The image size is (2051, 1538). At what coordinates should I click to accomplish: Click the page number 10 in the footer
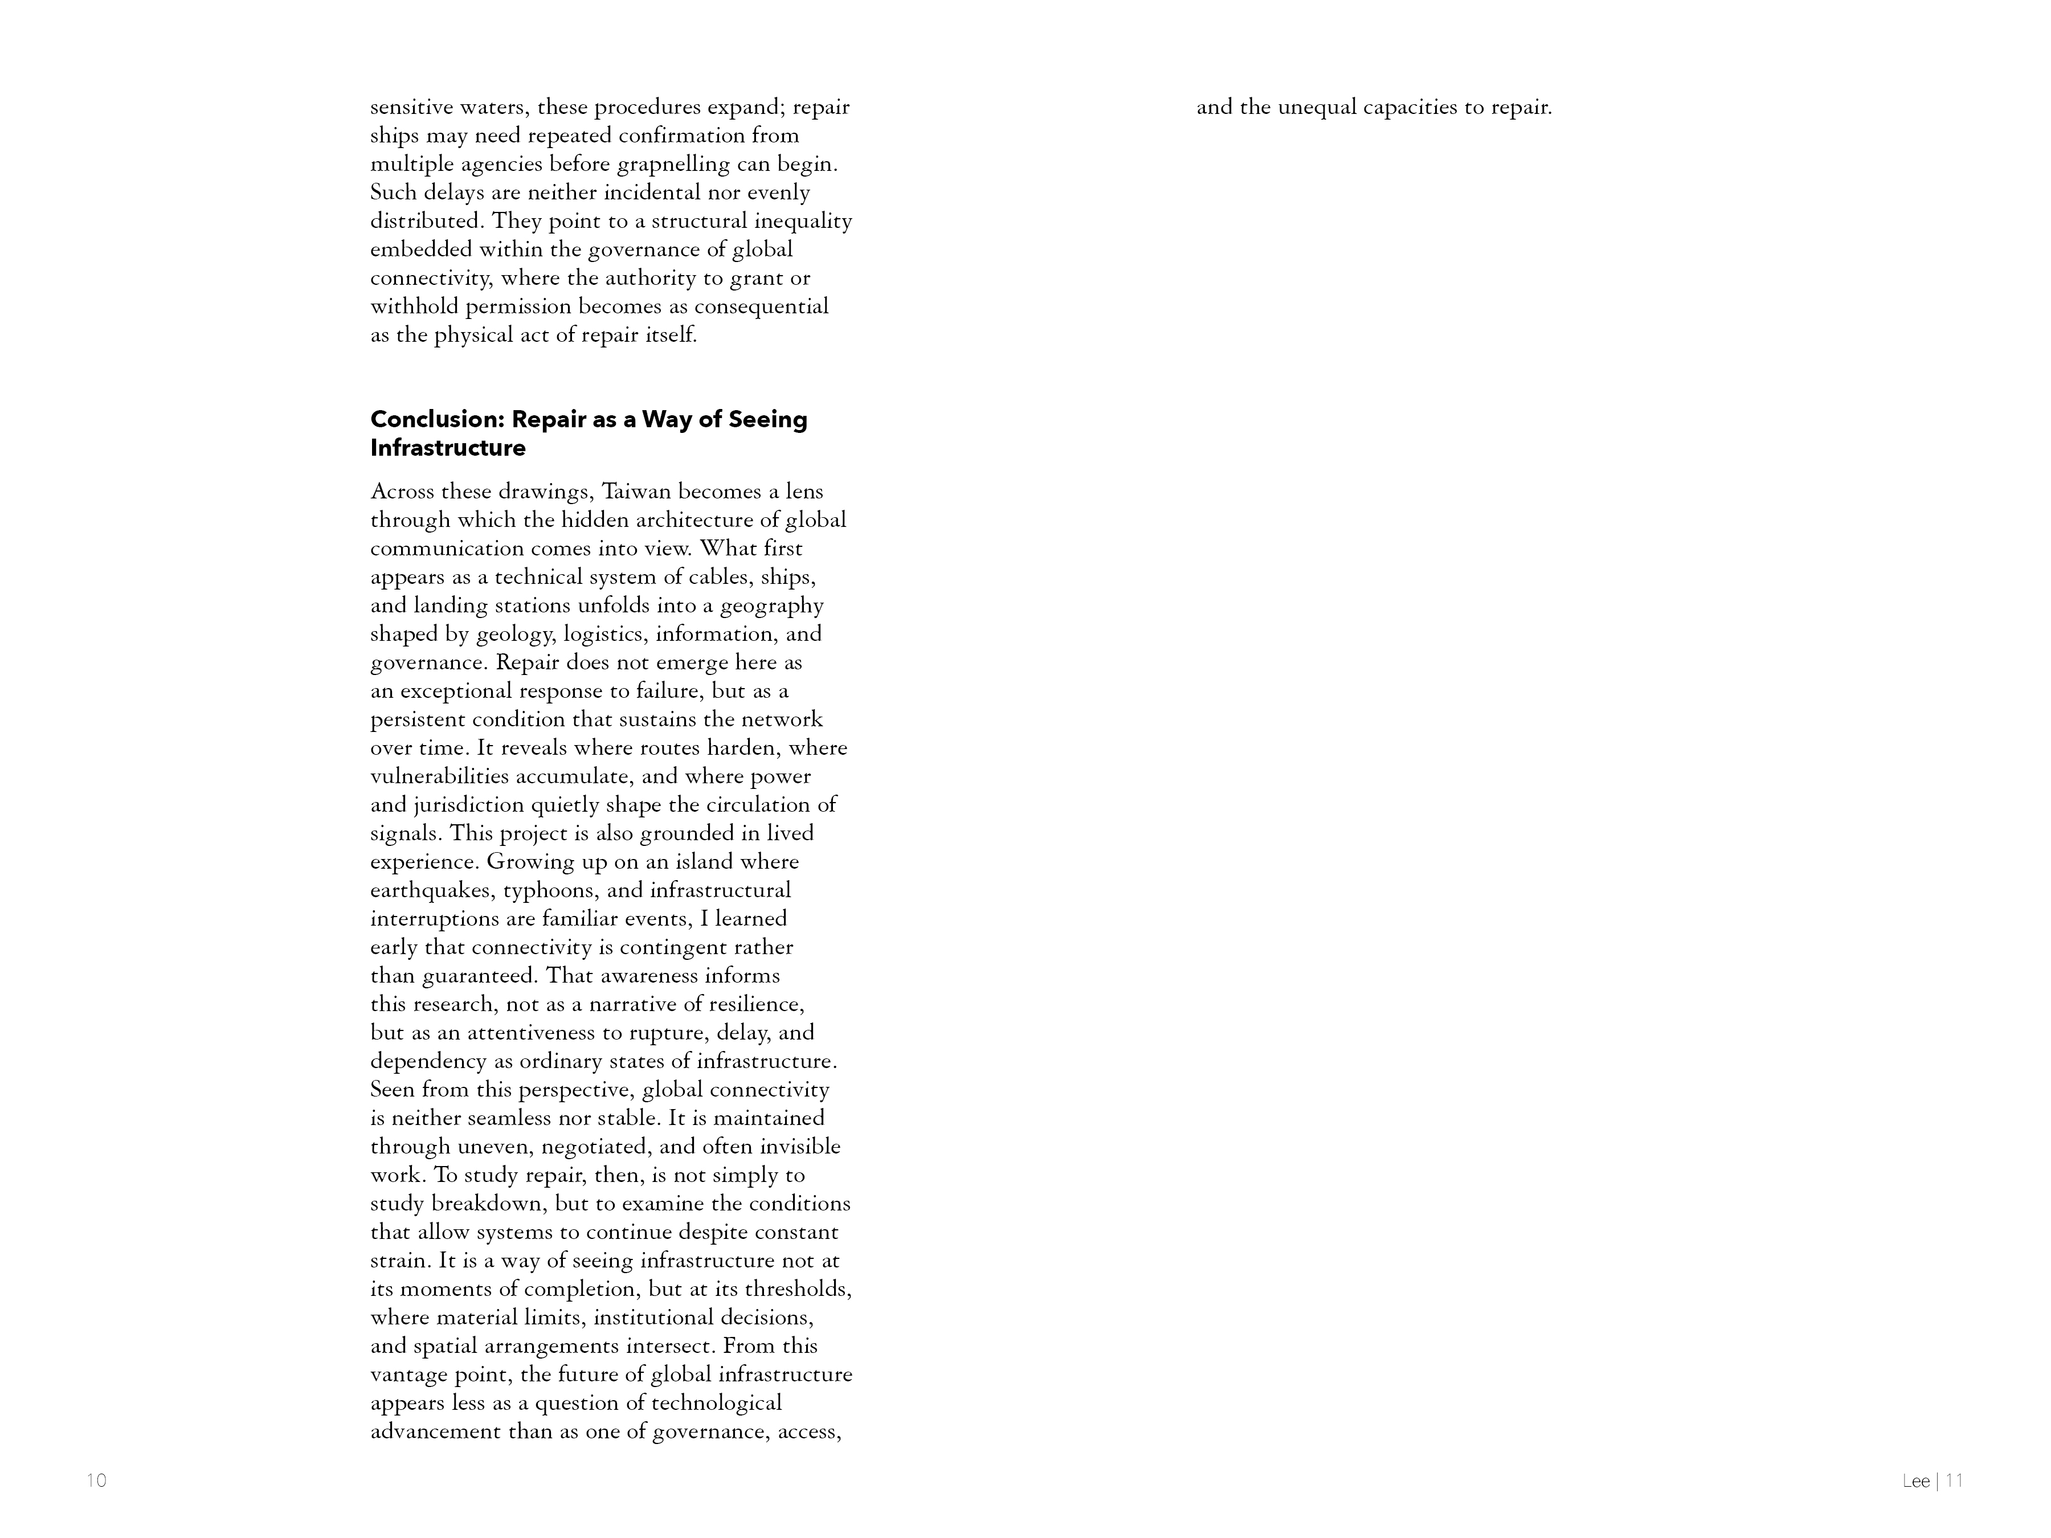click(96, 1480)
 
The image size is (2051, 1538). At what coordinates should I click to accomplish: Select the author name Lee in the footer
click(1915, 1482)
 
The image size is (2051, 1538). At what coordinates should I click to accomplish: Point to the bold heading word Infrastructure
click(448, 449)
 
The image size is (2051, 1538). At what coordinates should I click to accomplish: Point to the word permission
click(518, 307)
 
